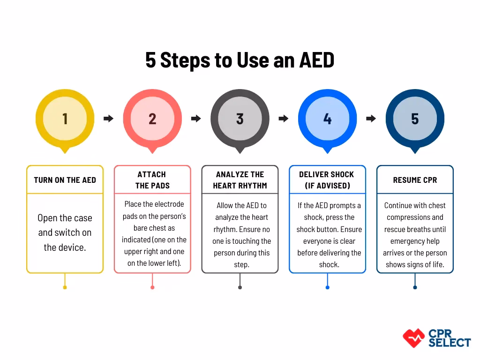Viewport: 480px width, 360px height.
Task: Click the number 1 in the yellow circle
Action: click(65, 119)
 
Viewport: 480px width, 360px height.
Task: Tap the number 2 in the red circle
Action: click(152, 119)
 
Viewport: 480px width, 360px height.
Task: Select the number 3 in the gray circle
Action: click(240, 119)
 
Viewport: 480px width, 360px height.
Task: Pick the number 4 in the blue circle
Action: click(327, 119)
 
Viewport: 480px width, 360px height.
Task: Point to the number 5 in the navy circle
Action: click(415, 119)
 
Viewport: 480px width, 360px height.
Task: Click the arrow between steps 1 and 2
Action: click(108, 119)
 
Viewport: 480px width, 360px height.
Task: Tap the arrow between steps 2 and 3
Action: click(196, 119)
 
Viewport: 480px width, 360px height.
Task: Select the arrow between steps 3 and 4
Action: click(283, 119)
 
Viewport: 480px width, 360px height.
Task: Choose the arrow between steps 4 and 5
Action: click(371, 119)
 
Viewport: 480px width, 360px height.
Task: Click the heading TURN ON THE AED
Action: click(65, 180)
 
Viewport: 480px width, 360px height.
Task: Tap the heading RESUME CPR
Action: click(415, 180)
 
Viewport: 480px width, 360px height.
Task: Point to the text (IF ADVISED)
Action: click(327, 186)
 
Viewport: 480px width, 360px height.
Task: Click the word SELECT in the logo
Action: click(449, 343)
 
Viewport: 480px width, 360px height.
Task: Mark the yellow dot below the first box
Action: click(65, 287)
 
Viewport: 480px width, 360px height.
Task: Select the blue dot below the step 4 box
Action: click(327, 287)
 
